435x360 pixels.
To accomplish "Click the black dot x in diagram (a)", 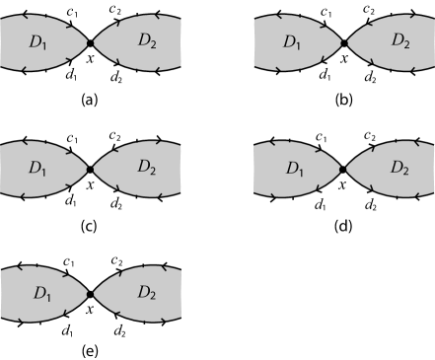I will click(x=90, y=42).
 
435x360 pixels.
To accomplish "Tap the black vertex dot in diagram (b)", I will click(x=343, y=42).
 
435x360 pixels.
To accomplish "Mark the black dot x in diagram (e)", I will click(x=90, y=294).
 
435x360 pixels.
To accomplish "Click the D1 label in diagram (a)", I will click(x=37, y=43).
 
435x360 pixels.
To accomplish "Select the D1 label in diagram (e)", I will click(x=37, y=295).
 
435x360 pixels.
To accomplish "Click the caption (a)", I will click(x=90, y=99).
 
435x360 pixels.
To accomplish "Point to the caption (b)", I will click(x=343, y=99).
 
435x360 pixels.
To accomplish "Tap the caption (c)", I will click(x=90, y=224).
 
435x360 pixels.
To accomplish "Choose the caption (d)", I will click(x=343, y=224).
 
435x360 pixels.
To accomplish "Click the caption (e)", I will click(x=90, y=350).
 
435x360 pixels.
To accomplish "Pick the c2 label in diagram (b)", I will click(x=368, y=12).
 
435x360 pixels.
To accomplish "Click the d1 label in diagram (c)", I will click(x=68, y=202).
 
